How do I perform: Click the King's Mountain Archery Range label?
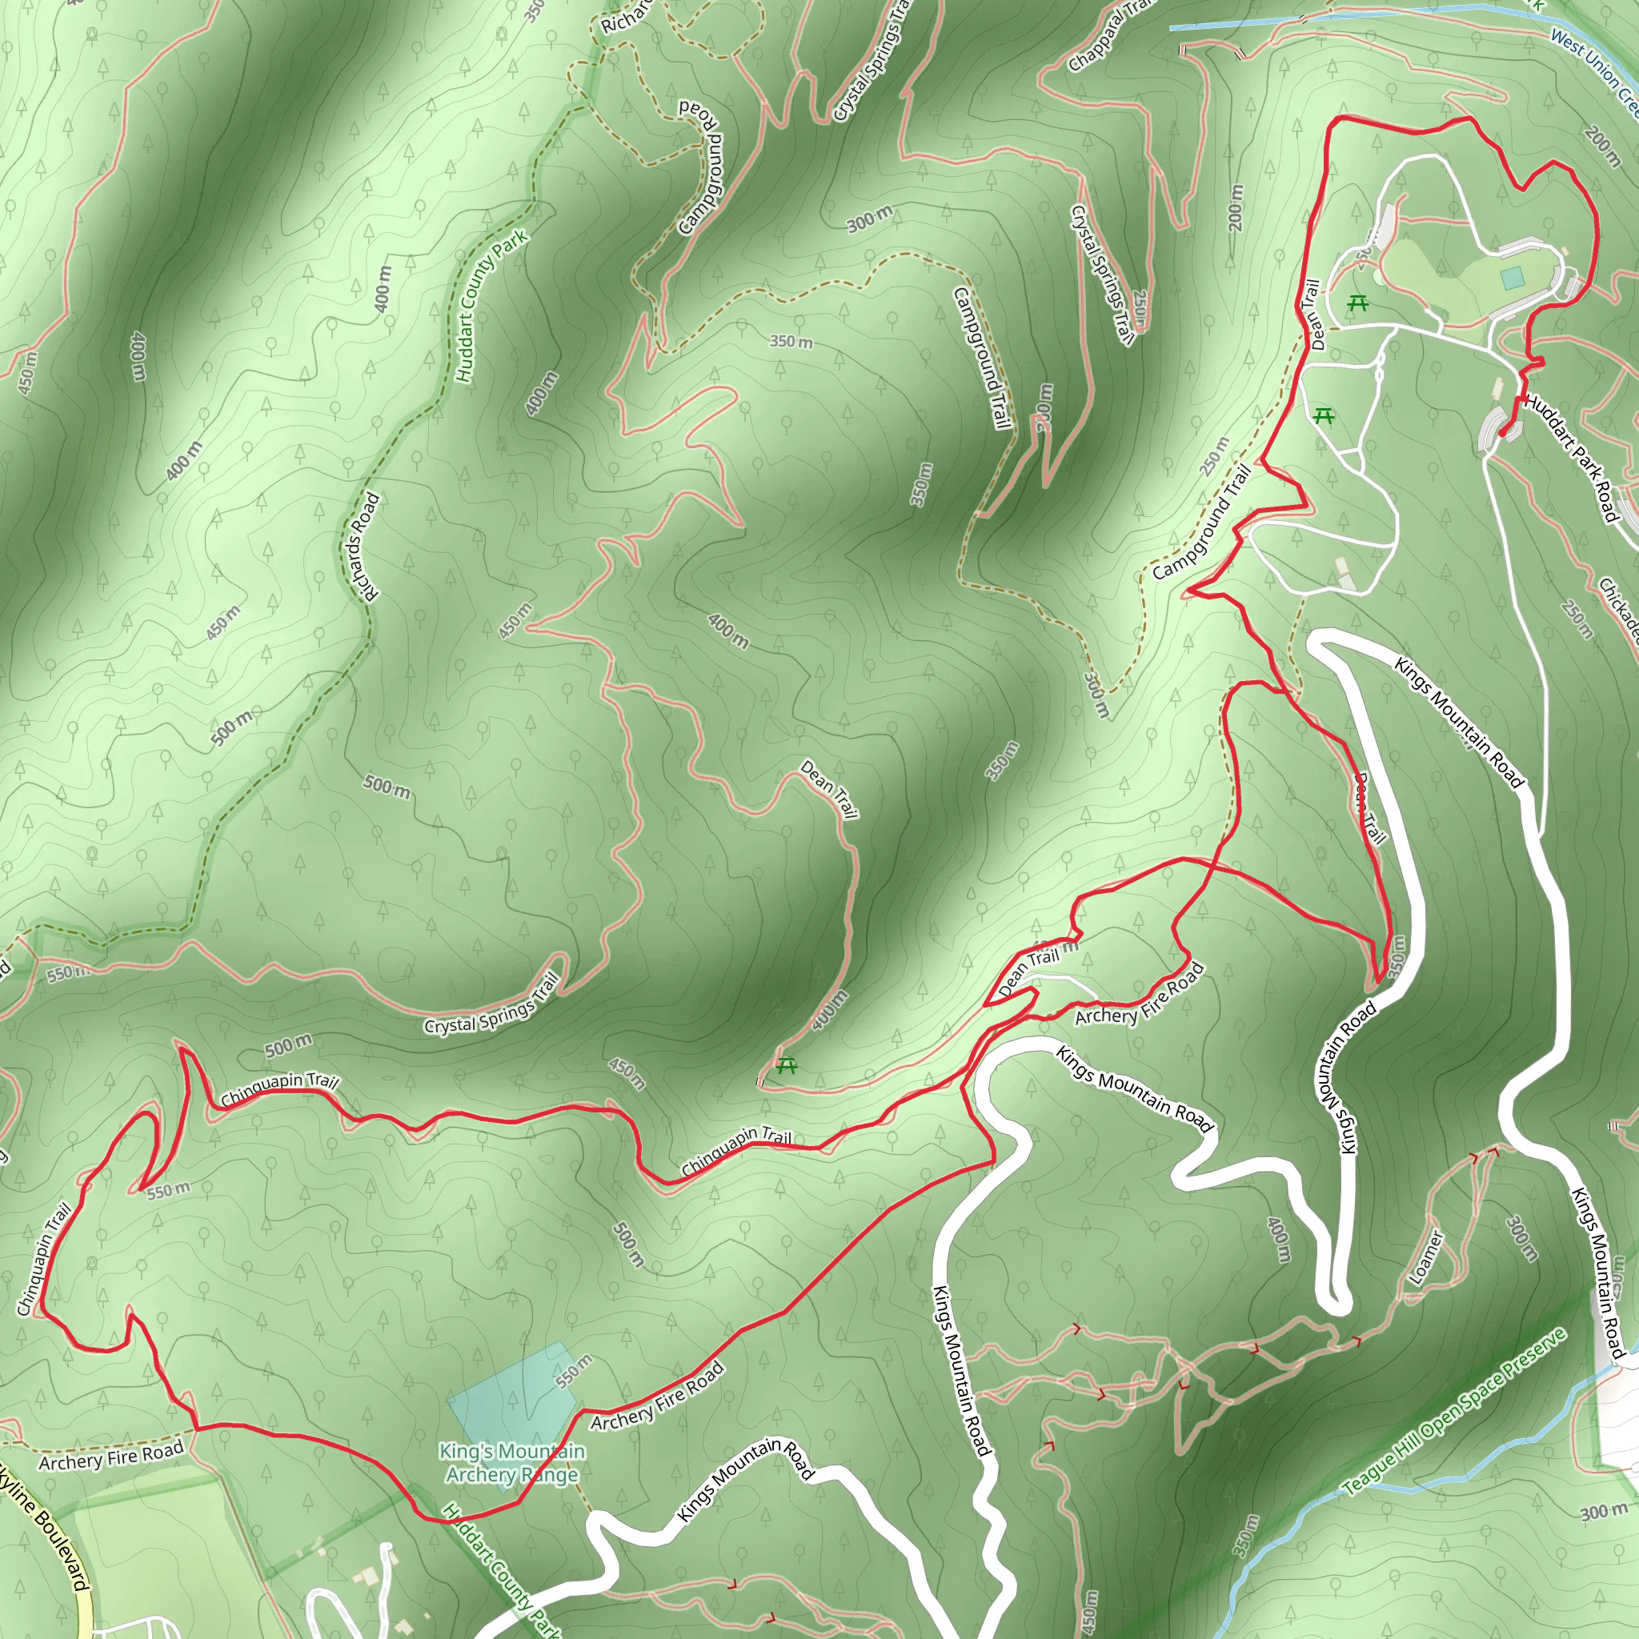pyautogui.click(x=512, y=1463)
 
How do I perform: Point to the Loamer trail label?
pyautogui.click(x=1425, y=1258)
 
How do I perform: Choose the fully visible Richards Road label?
pyautogui.click(x=362, y=548)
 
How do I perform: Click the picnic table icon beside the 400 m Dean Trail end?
pyautogui.click(x=787, y=1064)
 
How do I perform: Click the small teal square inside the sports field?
pyautogui.click(x=1512, y=278)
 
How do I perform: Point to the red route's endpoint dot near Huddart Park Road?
pyautogui.click(x=1503, y=434)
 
